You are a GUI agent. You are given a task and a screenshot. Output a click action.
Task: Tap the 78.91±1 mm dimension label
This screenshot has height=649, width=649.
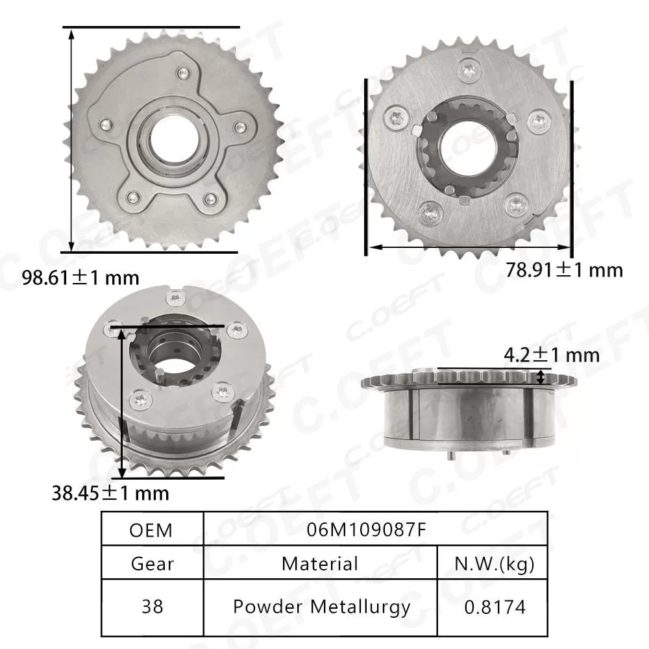tap(563, 269)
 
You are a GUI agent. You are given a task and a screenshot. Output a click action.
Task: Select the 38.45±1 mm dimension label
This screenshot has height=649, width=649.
tap(110, 493)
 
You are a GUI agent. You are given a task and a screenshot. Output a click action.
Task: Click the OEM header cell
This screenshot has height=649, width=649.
tap(151, 530)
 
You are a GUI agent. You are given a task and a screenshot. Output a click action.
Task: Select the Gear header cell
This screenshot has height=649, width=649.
tap(152, 563)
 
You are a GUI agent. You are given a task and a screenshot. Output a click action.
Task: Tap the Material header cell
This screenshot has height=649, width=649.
tap(319, 563)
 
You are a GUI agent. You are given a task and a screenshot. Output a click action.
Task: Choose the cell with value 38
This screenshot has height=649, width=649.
tap(152, 607)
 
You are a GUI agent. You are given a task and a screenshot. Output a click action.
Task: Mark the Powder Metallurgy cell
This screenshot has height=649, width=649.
tap(321, 607)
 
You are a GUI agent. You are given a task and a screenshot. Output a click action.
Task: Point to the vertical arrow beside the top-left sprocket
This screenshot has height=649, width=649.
tap(71, 139)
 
